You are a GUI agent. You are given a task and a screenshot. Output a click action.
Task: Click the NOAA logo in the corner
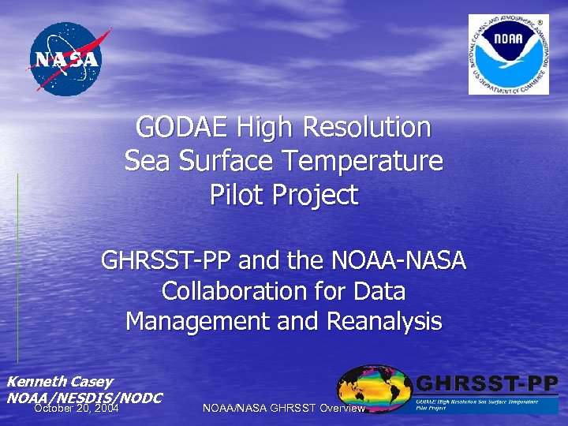pyautogui.click(x=508, y=54)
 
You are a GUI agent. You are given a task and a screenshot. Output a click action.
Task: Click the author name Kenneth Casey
pyautogui.click(x=60, y=382)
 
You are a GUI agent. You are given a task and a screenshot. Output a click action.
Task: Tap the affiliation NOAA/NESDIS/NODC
pyautogui.click(x=84, y=397)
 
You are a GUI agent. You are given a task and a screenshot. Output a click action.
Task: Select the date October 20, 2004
pyautogui.click(x=77, y=409)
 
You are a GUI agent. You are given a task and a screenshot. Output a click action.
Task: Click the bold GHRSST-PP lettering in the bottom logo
pyautogui.click(x=487, y=385)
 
